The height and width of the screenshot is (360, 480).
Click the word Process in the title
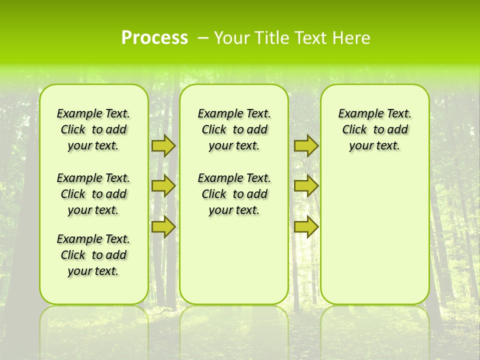(154, 38)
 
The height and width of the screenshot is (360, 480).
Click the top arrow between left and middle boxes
(163, 145)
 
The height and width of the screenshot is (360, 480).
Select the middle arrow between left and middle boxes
(163, 186)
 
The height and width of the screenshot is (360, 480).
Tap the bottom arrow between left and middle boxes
(163, 226)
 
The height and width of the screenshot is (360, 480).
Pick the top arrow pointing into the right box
(306, 145)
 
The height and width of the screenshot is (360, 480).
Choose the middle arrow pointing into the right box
(306, 186)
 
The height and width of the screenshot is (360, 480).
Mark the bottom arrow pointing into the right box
(306, 226)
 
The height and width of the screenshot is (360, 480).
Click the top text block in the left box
(93, 129)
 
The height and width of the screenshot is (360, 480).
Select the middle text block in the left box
(93, 194)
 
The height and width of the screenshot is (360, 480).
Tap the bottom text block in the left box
(93, 255)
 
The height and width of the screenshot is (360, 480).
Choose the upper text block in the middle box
(234, 129)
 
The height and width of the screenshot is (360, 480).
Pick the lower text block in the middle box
(234, 194)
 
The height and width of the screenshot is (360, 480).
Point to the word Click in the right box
(354, 129)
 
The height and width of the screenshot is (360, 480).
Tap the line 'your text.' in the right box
(374, 145)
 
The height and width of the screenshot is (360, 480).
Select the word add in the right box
(397, 129)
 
